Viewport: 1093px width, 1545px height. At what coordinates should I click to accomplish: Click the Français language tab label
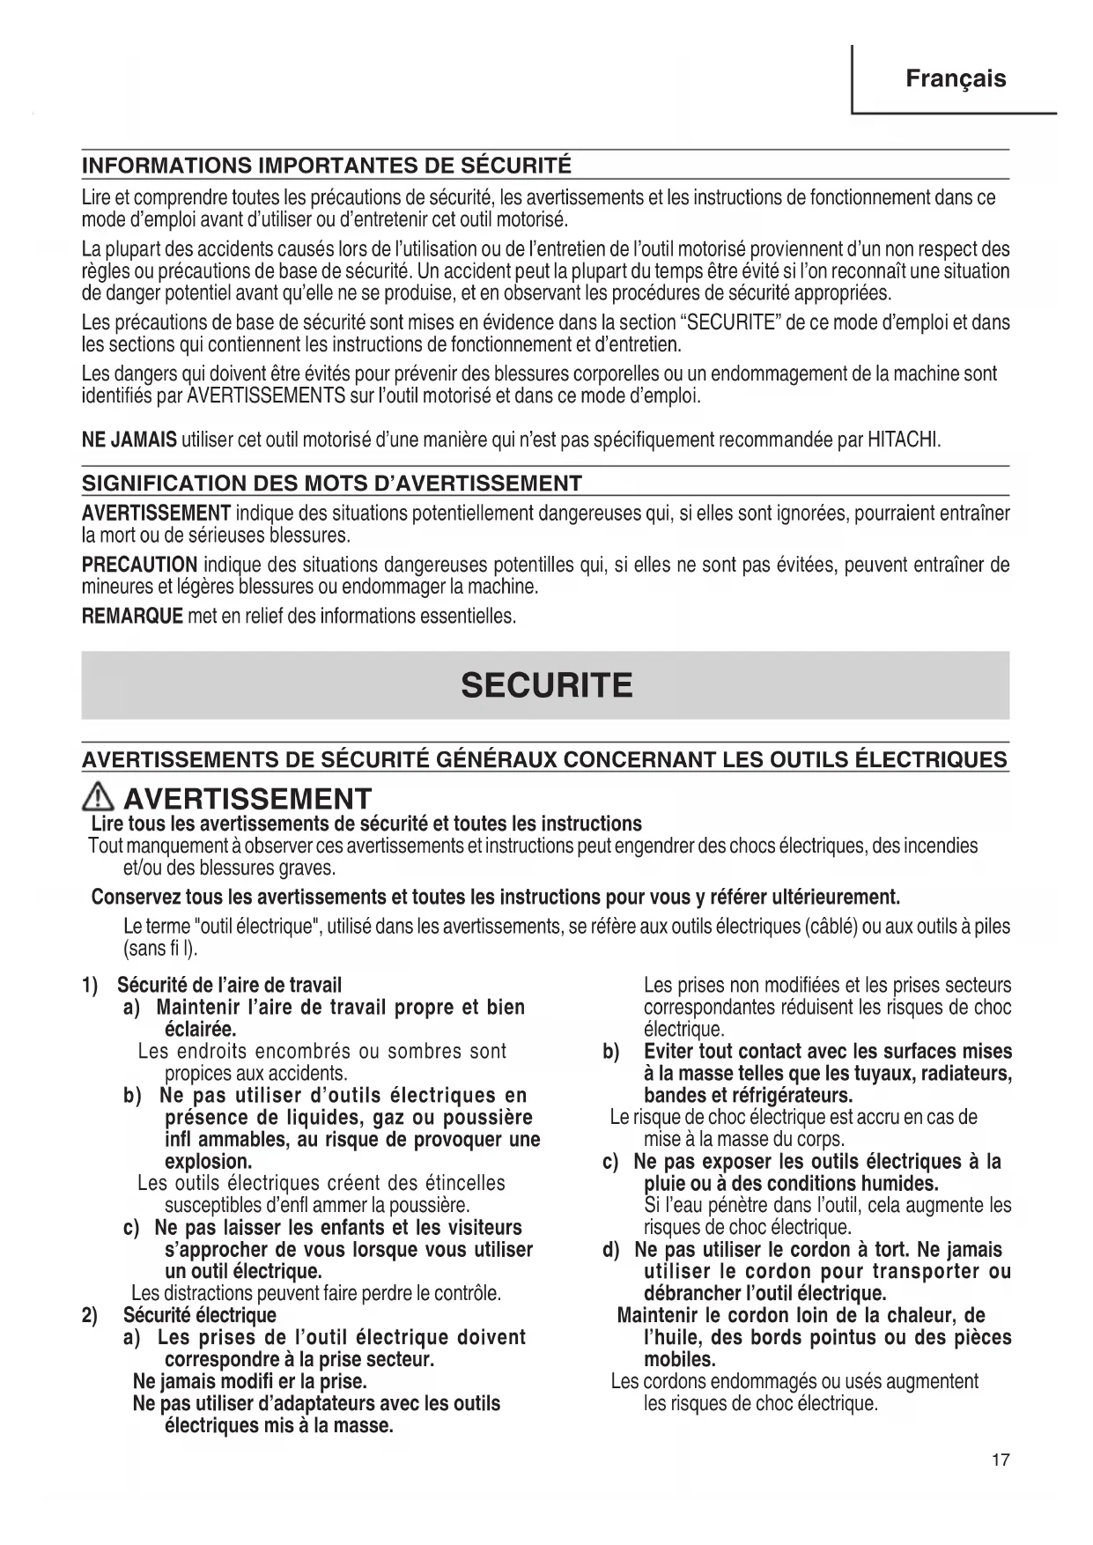(956, 79)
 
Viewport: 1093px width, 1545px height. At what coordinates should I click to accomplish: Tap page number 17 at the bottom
(1000, 1460)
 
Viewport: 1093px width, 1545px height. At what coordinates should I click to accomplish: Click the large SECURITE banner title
(546, 685)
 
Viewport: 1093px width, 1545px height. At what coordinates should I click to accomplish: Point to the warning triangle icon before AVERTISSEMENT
(100, 799)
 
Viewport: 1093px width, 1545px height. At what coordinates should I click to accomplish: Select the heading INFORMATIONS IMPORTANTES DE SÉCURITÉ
(327, 166)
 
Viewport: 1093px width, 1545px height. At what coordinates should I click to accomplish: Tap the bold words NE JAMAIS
(129, 440)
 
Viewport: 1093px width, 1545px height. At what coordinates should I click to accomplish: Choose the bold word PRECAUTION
(139, 565)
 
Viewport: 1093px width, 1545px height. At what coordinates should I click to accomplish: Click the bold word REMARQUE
(132, 616)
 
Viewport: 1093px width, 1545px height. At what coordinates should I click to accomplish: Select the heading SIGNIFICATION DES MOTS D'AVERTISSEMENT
(332, 484)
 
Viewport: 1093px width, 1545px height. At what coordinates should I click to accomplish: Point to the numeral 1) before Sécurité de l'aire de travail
(91, 986)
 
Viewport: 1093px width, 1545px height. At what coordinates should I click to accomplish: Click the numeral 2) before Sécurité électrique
(91, 1316)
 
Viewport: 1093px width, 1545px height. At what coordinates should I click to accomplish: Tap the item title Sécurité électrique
(199, 1316)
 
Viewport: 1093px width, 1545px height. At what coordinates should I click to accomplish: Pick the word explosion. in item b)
(208, 1162)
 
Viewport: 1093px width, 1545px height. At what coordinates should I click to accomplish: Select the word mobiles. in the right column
(679, 1360)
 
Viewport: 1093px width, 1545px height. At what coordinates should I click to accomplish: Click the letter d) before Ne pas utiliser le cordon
(614, 1250)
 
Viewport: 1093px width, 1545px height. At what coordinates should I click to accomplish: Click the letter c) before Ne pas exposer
(613, 1162)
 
